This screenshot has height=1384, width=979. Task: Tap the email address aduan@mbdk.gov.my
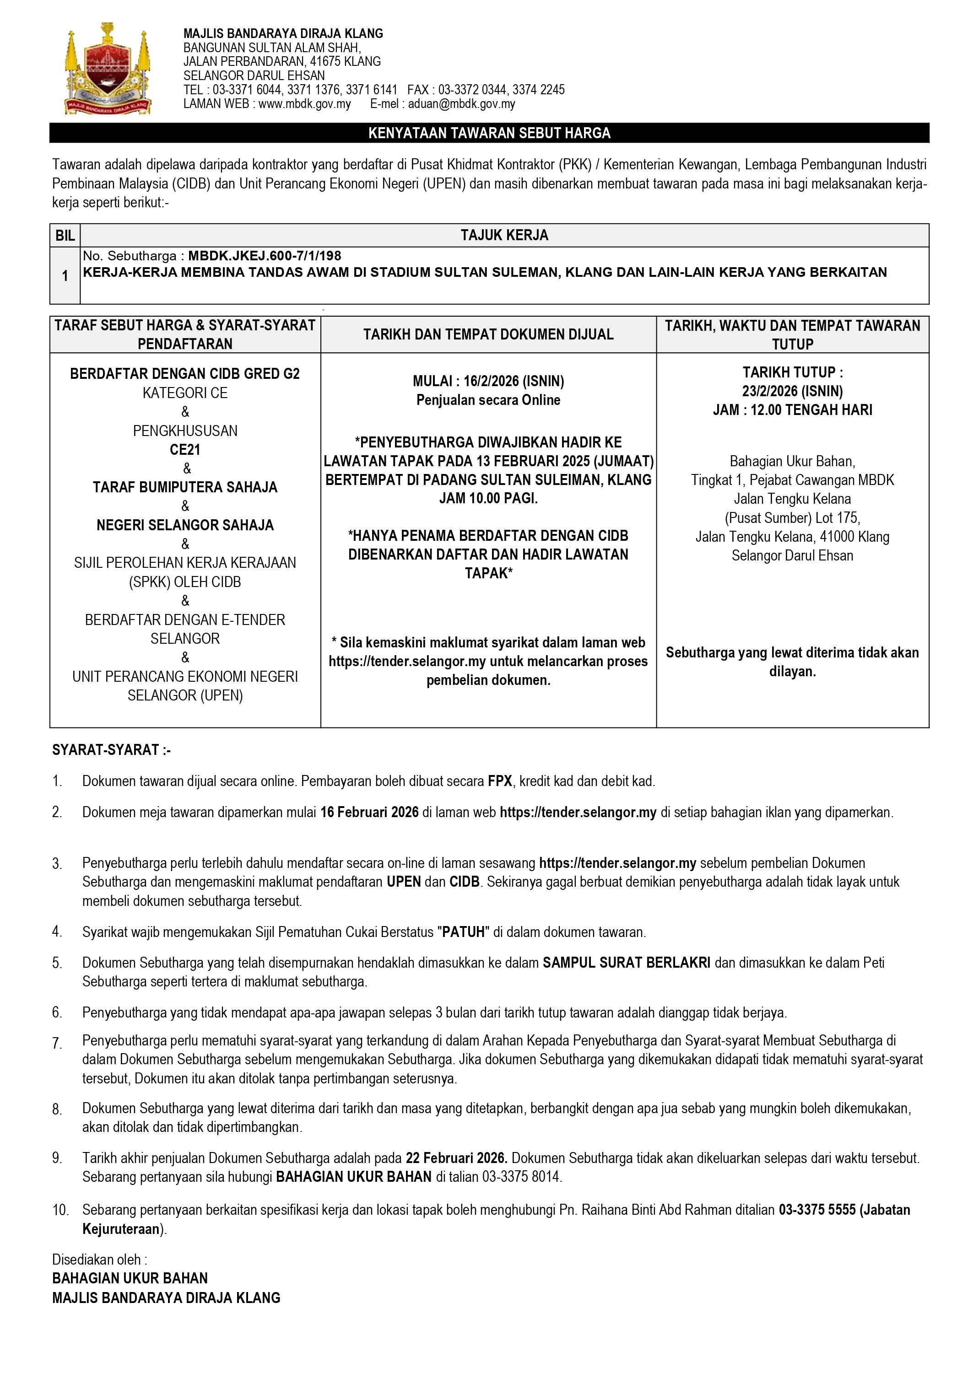(461, 104)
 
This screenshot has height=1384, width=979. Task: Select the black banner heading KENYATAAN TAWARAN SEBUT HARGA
(489, 133)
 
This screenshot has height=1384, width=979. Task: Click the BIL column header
(65, 235)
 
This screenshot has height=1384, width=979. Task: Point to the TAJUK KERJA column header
(504, 235)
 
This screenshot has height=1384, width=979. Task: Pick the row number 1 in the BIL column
(65, 276)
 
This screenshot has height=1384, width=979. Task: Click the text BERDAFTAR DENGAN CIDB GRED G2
(184, 374)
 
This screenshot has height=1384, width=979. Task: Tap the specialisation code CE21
(184, 450)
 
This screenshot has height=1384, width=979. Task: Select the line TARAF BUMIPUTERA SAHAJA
(184, 487)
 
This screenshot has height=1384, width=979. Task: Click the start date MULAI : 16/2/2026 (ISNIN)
(488, 381)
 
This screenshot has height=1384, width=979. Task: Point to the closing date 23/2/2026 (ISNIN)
(792, 391)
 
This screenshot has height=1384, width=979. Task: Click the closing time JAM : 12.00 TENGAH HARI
(792, 410)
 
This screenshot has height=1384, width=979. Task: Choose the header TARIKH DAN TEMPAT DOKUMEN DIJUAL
(488, 334)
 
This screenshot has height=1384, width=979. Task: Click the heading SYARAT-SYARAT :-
(112, 750)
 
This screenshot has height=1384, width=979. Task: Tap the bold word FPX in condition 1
(500, 781)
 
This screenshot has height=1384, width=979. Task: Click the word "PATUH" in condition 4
(464, 932)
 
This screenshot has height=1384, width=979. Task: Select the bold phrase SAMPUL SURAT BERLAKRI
(626, 963)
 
